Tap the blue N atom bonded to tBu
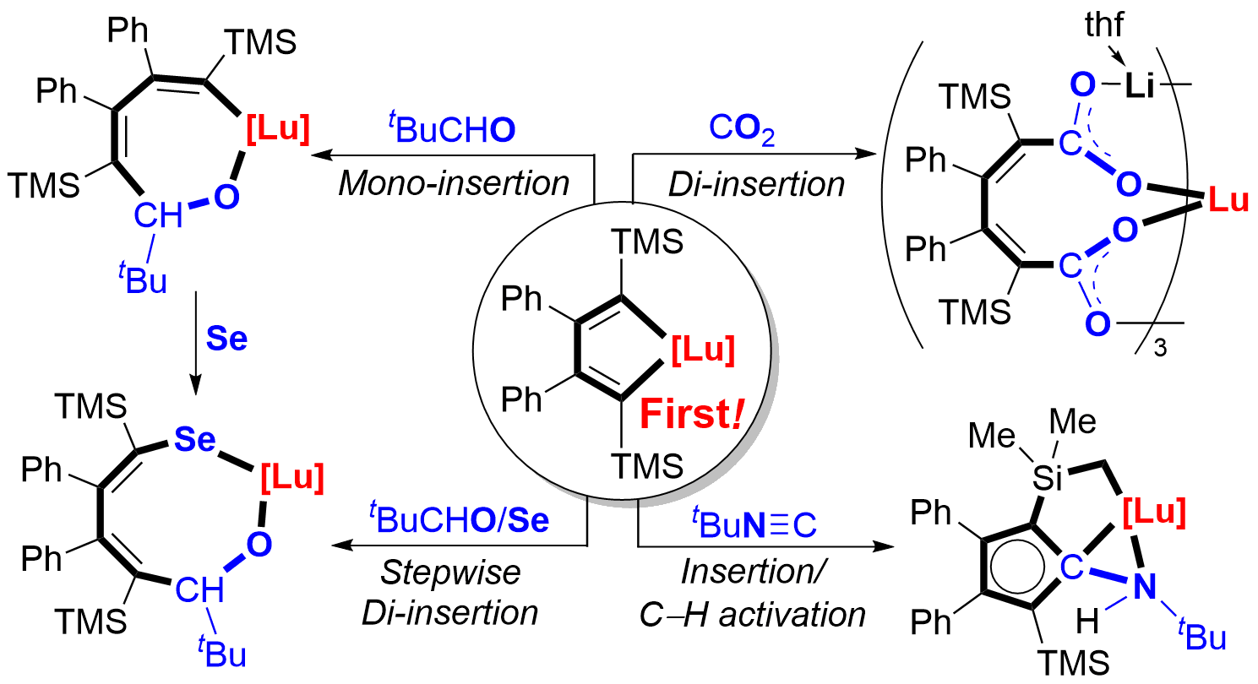coord(1142,584)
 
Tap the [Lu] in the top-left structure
coord(278,128)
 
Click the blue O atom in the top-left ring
coord(226,196)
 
